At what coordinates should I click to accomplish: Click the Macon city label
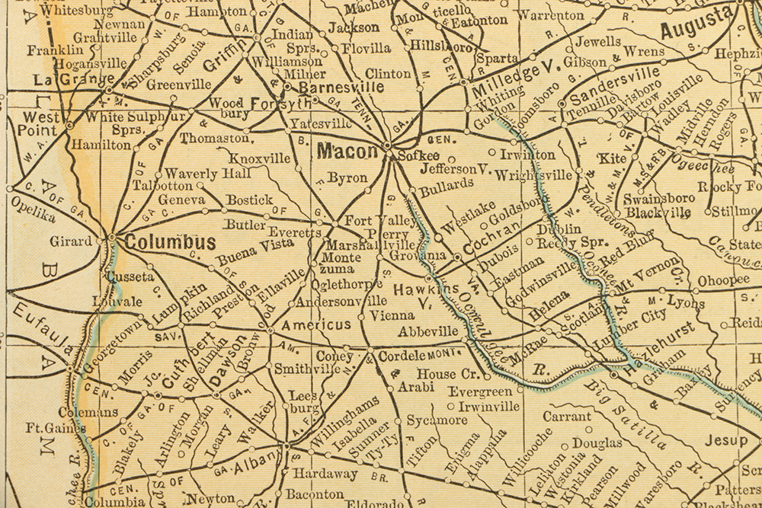pos(347,152)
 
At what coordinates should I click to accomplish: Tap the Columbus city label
pos(170,242)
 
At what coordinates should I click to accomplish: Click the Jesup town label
pos(725,440)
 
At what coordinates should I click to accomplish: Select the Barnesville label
pos(341,88)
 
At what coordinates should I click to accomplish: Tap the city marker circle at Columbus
pos(112,238)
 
